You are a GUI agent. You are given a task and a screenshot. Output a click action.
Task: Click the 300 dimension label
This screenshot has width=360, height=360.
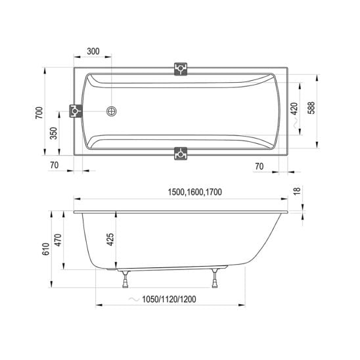[93, 51]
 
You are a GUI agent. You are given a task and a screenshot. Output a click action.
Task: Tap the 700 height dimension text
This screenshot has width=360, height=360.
[39, 113]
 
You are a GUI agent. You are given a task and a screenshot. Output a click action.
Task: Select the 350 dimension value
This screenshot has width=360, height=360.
[53, 133]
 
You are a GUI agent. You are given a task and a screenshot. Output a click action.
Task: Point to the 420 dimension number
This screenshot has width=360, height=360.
[294, 108]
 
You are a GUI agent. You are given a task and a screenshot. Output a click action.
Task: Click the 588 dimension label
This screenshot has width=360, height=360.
[311, 108]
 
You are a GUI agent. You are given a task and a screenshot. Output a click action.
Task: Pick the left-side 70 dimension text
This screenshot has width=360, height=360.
[54, 165]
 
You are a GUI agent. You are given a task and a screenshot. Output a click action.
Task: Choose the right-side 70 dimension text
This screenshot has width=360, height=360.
[259, 166]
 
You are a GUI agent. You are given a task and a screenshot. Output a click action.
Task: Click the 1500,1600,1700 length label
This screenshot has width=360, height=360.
[195, 192]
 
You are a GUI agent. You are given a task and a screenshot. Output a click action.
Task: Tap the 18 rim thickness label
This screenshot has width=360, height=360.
[297, 191]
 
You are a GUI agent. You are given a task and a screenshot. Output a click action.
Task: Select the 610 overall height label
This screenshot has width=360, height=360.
[46, 249]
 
